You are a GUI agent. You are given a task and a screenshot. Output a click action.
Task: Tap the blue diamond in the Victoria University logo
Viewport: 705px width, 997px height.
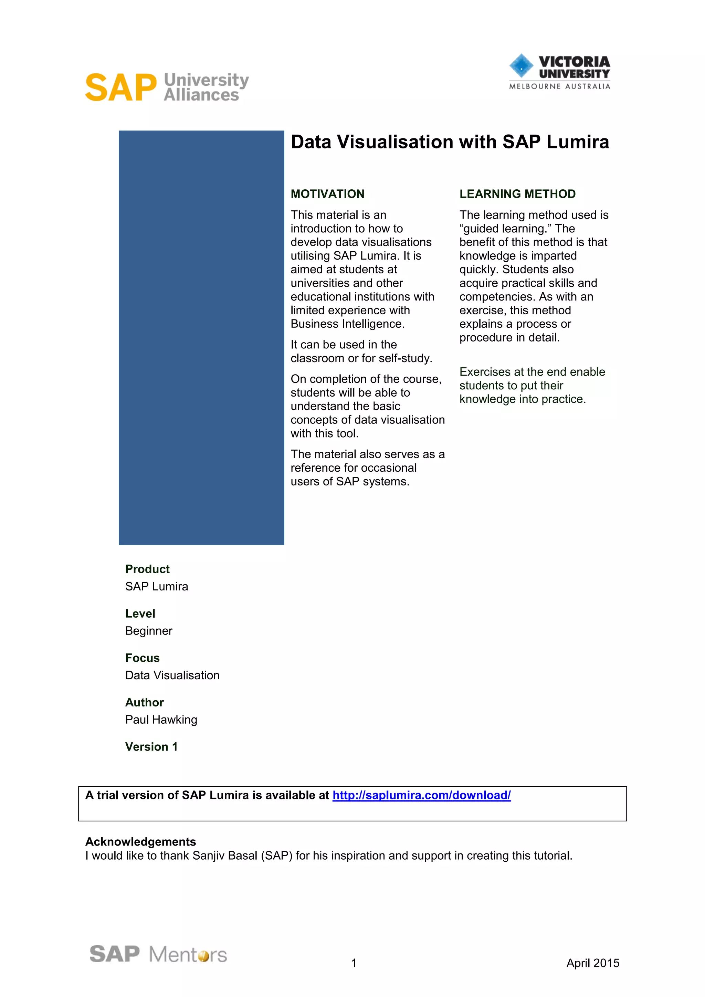(x=521, y=65)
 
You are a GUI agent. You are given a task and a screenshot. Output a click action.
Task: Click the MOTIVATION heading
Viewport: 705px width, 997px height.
(x=327, y=194)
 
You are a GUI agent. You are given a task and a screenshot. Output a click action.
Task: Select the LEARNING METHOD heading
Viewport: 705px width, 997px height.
(x=517, y=194)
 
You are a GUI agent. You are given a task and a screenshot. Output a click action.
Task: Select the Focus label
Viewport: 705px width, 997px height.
(x=143, y=658)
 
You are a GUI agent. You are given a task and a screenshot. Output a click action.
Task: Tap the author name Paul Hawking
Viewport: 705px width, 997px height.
(x=161, y=720)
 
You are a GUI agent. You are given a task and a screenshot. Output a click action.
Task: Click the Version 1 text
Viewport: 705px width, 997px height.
(x=151, y=746)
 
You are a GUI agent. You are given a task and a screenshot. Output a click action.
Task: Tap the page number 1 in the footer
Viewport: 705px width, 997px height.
(x=354, y=963)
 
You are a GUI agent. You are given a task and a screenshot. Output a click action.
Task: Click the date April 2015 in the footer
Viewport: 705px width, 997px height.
(x=592, y=963)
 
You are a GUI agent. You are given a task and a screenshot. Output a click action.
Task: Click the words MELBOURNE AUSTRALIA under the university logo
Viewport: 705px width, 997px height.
(x=560, y=86)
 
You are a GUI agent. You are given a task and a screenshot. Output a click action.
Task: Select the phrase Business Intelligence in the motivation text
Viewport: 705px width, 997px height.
(x=347, y=324)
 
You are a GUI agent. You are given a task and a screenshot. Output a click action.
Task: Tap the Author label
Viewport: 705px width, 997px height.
(x=144, y=702)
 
